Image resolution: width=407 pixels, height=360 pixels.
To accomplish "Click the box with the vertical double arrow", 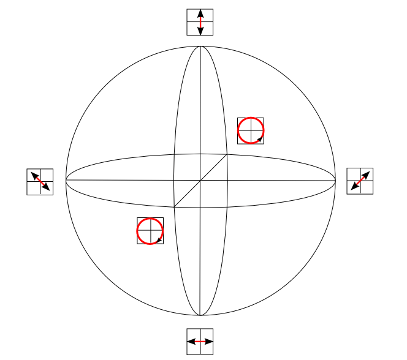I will pyautogui.click(x=200, y=22).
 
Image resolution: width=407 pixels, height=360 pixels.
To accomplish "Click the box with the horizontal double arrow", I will pyautogui.click(x=200, y=341).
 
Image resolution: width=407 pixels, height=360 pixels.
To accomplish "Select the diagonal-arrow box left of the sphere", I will pyautogui.click(x=40, y=182).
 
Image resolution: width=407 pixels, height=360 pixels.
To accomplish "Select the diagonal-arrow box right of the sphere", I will pyautogui.click(x=360, y=181).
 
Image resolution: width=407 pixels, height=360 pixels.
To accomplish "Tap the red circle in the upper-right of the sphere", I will pyautogui.click(x=251, y=130).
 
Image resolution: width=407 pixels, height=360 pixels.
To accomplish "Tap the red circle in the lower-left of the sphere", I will pyautogui.click(x=150, y=231).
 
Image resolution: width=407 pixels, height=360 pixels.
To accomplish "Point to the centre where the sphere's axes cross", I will pyautogui.click(x=200, y=181).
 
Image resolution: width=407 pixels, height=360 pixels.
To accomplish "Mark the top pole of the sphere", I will pyautogui.click(x=200, y=46).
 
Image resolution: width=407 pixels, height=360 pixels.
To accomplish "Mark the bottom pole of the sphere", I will pyautogui.click(x=200, y=315).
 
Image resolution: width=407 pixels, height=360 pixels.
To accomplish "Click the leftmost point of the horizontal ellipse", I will pyautogui.click(x=66, y=181).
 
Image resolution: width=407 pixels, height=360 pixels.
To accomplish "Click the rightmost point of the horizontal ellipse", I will pyautogui.click(x=336, y=181).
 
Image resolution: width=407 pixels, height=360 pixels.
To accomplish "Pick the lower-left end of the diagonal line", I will pyautogui.click(x=174, y=207).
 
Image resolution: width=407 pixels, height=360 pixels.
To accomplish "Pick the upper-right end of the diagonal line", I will pyautogui.click(x=227, y=154).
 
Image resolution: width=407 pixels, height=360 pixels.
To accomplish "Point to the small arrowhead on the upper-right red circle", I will pyautogui.click(x=260, y=140).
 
